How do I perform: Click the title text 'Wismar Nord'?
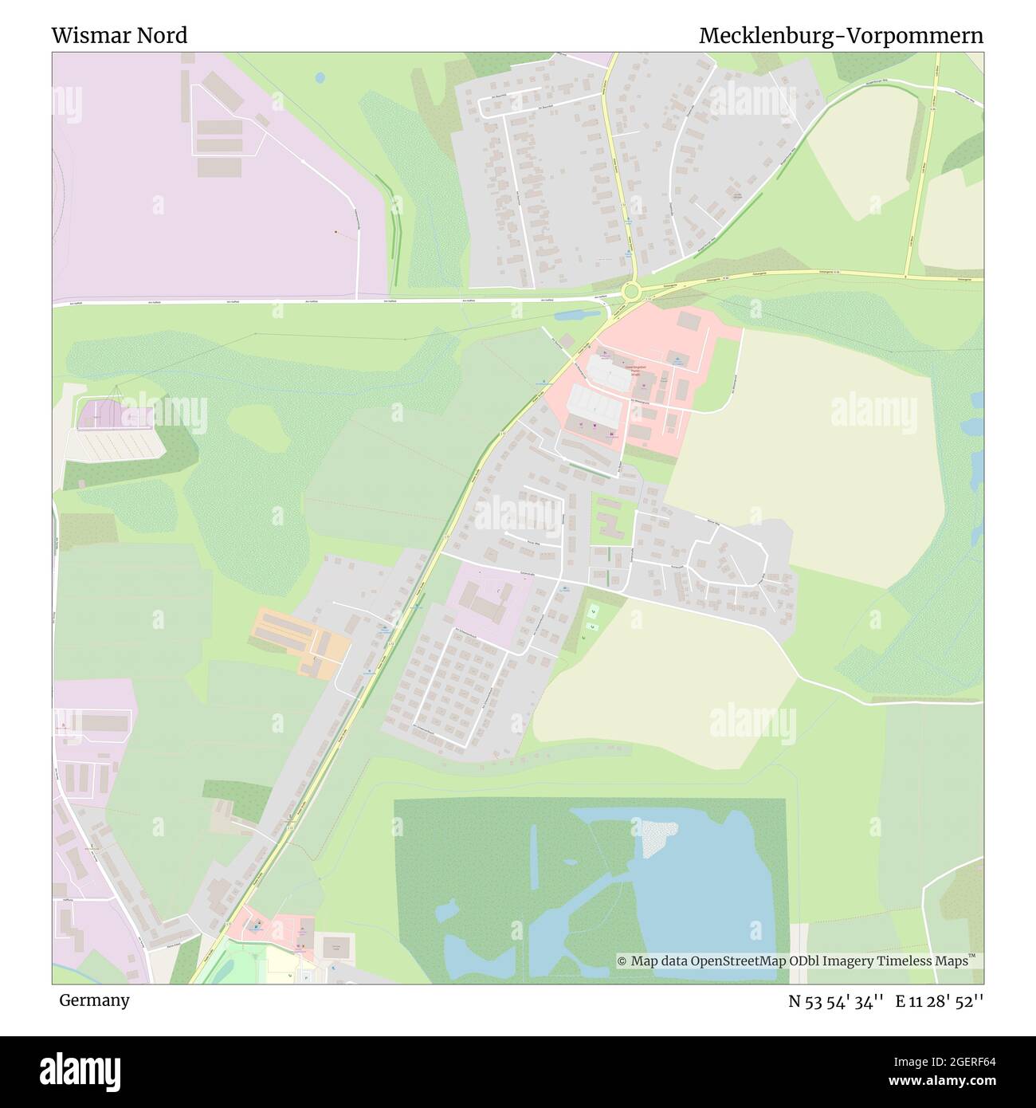tap(120, 36)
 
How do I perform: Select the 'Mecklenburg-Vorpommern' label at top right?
tap(841, 36)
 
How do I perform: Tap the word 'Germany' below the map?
tap(94, 1000)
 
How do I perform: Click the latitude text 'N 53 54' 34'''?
tap(836, 1000)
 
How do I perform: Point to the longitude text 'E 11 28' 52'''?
tap(940, 1000)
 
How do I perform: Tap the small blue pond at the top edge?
tap(320, 77)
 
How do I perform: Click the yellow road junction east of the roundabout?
tap(907, 276)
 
